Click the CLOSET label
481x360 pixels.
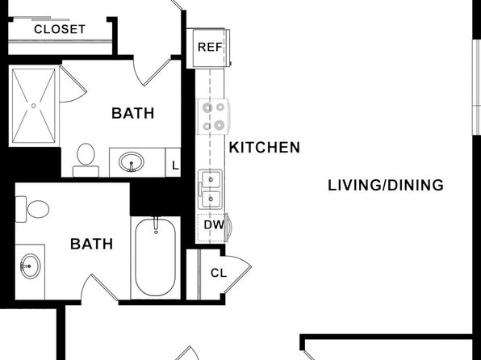(x=60, y=30)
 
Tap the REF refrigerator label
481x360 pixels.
(x=210, y=48)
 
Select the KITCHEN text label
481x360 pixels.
(x=265, y=148)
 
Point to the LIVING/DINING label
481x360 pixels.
(x=386, y=186)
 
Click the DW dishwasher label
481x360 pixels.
(x=214, y=225)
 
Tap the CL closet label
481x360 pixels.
(x=219, y=273)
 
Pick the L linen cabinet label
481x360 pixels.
(x=175, y=166)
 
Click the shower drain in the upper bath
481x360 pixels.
(x=33, y=106)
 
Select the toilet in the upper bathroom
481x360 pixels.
(x=86, y=160)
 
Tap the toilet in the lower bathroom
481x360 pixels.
(x=32, y=209)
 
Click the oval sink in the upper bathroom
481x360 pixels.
(x=132, y=162)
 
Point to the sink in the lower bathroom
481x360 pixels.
(x=31, y=266)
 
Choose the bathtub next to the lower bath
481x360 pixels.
(x=156, y=257)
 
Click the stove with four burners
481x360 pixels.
(x=213, y=116)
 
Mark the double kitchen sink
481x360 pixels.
(x=210, y=189)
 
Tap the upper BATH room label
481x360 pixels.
(x=133, y=113)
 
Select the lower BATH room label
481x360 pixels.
(x=92, y=244)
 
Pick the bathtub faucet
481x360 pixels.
(x=156, y=225)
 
